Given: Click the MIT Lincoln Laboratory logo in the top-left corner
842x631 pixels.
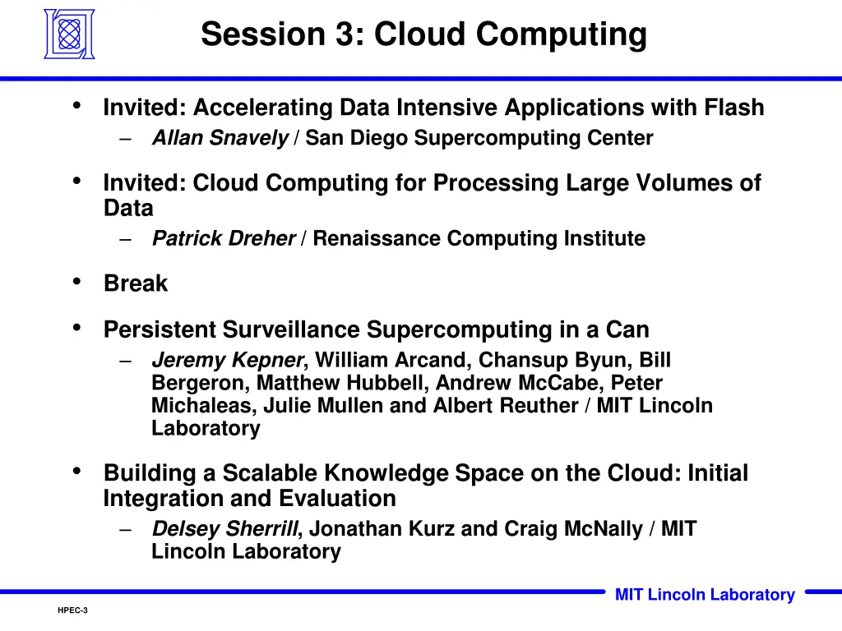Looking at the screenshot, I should coord(69,35).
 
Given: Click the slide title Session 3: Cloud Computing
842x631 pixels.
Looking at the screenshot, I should coord(423,35).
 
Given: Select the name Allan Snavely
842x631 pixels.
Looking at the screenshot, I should coord(220,138).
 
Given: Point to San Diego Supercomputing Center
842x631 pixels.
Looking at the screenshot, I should coord(479,138).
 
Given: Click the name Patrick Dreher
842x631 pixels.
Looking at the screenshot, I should coord(223,238).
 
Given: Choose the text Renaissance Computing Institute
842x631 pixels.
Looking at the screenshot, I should coord(479,238).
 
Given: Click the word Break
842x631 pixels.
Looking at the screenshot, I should coord(135,283).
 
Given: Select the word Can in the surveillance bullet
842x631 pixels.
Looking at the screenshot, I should coord(627,329).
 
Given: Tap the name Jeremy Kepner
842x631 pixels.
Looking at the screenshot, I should coord(228,360).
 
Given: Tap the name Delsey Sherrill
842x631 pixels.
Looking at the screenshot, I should coord(224,529).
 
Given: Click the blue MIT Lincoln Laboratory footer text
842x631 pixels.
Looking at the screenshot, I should coord(705,595).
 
